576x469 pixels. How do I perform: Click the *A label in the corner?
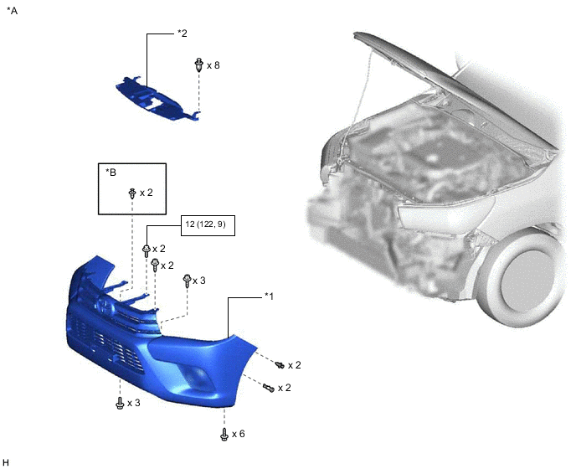12,11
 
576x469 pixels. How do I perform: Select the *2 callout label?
183,33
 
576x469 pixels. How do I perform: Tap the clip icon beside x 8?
198,65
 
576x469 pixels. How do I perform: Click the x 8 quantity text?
213,65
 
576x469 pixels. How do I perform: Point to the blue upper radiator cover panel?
157,99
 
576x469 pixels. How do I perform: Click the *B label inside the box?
111,172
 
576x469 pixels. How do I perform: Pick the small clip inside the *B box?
132,193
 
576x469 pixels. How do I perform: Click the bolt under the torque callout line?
147,251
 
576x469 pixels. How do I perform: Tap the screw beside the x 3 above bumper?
187,281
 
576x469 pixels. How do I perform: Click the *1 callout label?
269,296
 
